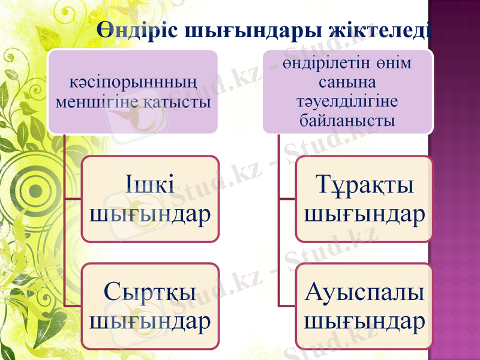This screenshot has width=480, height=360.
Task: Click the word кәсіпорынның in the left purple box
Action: point(133,80)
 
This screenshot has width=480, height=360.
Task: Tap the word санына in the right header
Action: point(347,82)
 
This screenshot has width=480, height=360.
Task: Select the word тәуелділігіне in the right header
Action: point(347,101)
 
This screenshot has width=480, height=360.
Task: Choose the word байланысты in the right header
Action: point(347,120)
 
